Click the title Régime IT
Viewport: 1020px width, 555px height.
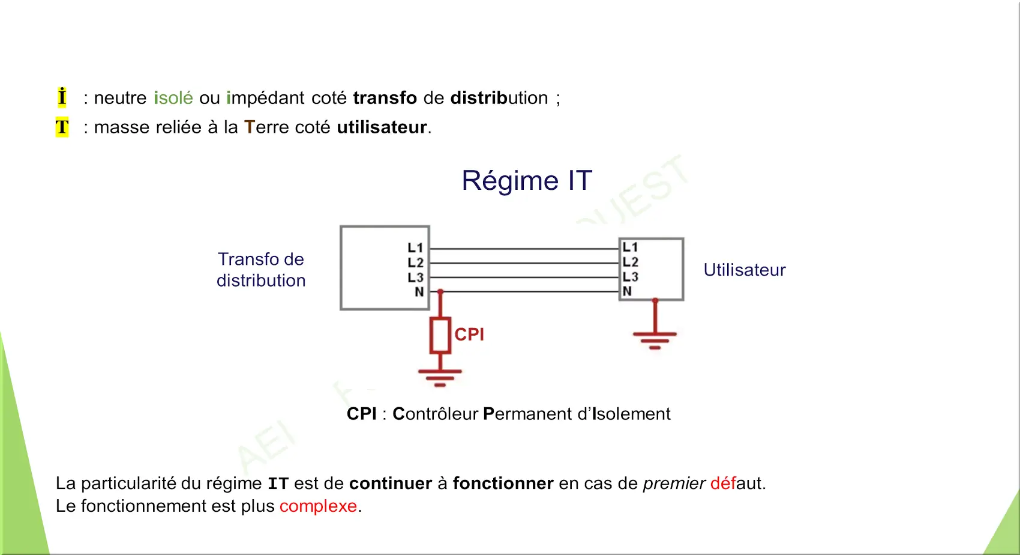527,181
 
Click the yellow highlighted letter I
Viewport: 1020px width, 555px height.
62,97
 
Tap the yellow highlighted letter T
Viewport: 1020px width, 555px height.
62,127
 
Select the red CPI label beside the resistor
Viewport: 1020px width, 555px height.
469,335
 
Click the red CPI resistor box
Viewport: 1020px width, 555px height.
440,336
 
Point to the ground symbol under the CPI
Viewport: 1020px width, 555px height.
440,376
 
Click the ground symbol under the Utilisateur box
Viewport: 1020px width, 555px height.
655,339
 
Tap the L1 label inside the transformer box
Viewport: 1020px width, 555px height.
415,248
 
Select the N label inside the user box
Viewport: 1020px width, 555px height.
627,291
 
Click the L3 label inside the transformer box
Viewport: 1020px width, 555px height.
415,277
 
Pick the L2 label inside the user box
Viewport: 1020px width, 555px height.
630,262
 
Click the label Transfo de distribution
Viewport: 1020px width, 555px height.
261,270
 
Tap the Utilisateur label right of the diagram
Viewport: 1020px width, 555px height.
744,270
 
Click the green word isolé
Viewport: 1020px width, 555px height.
173,98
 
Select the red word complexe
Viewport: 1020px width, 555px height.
318,506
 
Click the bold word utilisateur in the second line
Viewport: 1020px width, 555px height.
382,127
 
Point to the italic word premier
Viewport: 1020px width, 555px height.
674,484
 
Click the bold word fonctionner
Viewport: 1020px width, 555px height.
503,484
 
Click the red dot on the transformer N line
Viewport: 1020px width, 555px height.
440,292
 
